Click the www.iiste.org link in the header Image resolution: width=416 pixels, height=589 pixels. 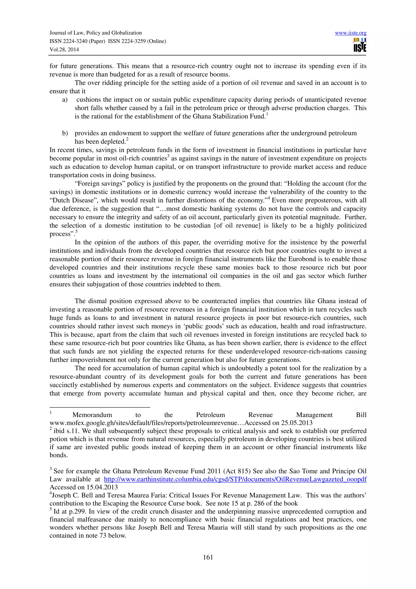pos(350,33)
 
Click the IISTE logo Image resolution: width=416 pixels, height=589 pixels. pos(360,45)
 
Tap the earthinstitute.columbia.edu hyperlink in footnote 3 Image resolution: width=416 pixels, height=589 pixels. pos(235,479)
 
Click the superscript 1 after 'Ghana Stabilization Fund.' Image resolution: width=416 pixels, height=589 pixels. pos(267,114)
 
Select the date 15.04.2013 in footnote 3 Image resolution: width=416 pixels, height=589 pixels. pos(102,487)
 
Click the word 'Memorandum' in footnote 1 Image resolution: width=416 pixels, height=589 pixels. pos(92,415)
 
